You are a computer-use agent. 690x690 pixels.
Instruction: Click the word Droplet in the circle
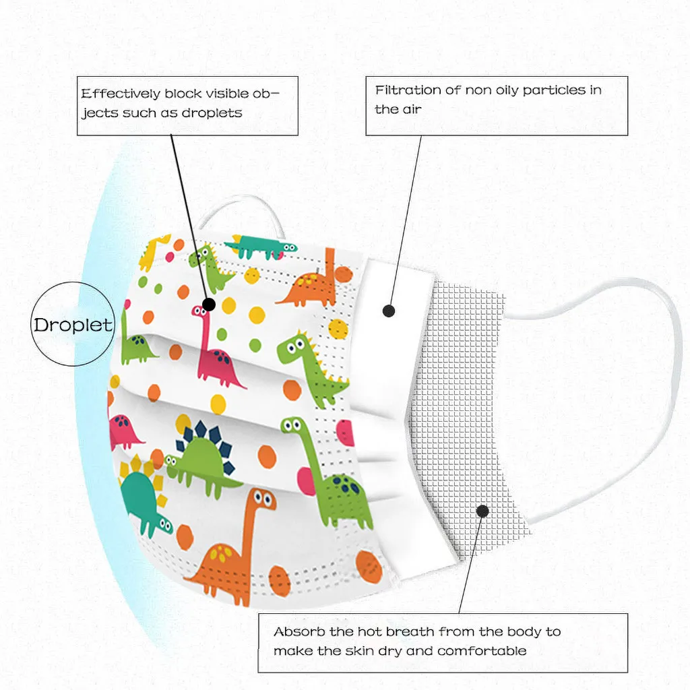coord(73,325)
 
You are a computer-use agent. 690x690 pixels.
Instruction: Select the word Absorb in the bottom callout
coord(295,632)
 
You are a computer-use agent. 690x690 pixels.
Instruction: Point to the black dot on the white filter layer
coord(388,311)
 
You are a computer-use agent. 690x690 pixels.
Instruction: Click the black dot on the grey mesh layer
coord(482,511)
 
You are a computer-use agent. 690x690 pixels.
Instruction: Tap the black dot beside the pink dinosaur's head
coord(208,305)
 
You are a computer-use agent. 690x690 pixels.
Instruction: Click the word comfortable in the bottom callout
coord(482,651)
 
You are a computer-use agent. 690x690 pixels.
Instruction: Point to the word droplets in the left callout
coord(210,113)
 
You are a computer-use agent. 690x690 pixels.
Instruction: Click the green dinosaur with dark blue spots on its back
coord(334,478)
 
